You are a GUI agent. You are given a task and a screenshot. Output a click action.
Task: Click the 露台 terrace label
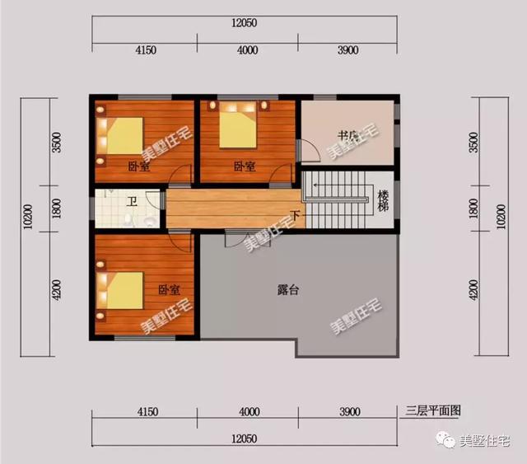tap(288, 289)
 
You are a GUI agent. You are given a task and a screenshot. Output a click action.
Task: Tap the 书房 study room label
tap(347, 136)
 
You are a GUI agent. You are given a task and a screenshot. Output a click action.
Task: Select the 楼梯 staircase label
tap(383, 200)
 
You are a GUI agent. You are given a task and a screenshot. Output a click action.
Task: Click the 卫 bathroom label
tap(132, 202)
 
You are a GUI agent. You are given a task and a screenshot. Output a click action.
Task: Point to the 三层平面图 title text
tap(432, 410)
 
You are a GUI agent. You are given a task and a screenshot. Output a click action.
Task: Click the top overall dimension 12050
tap(245, 23)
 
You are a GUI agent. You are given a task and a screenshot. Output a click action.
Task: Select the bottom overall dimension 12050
tap(245, 438)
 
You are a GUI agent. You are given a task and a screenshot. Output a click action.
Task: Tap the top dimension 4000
tap(247, 50)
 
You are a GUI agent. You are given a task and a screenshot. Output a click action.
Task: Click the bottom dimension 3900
tap(350, 411)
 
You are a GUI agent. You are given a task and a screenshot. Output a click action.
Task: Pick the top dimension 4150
tap(146, 50)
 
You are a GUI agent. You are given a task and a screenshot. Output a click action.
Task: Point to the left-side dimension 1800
tap(57, 209)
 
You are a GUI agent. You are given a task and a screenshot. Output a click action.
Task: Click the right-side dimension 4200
tap(473, 290)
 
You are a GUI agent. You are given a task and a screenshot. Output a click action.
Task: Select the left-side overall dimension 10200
tap(28, 217)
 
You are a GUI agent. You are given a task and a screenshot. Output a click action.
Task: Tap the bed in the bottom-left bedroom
tap(119, 290)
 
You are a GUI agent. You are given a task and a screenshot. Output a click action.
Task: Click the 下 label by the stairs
tap(296, 215)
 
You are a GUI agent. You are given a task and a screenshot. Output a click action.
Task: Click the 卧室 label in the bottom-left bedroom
tap(170, 290)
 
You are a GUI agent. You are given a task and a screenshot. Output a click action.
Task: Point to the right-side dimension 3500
tap(473, 143)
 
